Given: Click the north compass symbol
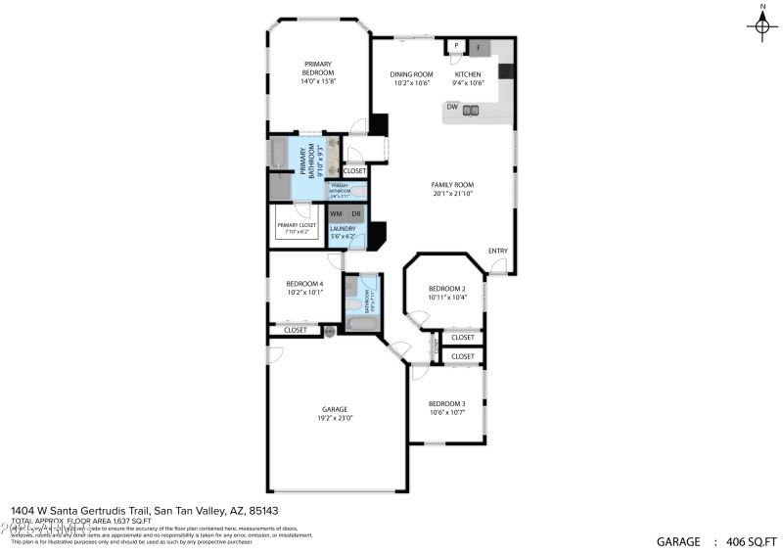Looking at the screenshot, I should pos(761,25).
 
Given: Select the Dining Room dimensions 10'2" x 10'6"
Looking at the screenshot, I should pos(411,83).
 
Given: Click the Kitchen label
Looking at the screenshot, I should pos(467,74).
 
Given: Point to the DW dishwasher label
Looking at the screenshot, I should pos(452,107).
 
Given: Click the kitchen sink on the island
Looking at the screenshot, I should pos(471,111).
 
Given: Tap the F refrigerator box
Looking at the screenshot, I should pos(479,46).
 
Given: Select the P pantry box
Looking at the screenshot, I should pos(456,46).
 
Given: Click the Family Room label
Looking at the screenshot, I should pos(452,184).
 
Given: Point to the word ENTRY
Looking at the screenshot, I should pos(498,252).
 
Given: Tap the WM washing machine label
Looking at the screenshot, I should pos(336,213).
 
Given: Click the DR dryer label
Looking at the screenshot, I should pos(355,213).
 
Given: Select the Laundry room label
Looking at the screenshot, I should pos(342,229).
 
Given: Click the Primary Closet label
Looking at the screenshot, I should pos(295,225).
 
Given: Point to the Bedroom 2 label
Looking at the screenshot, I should pos(446,289).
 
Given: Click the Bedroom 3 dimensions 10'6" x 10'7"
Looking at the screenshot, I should pos(445,412).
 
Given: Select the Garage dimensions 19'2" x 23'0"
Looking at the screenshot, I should pos(335,418).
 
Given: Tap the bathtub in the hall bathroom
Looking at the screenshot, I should pos(361,324).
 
